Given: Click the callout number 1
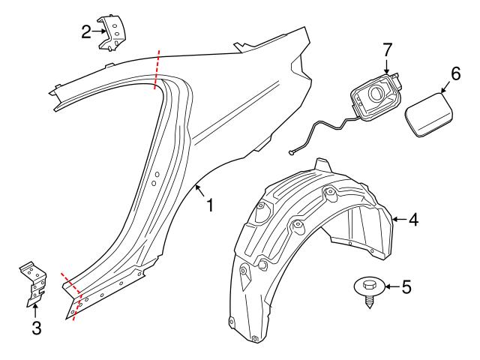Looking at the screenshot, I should [x=210, y=204].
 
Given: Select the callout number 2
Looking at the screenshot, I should [x=86, y=31].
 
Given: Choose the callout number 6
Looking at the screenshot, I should [x=454, y=73].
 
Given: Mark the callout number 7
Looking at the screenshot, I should [x=387, y=50].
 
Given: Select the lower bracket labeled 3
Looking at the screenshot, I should [x=34, y=285].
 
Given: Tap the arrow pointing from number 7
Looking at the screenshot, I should [x=387, y=67].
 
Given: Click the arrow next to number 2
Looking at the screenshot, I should [x=100, y=31].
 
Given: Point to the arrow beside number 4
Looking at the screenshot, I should [x=399, y=219].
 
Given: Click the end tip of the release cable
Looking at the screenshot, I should [x=289, y=152].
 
